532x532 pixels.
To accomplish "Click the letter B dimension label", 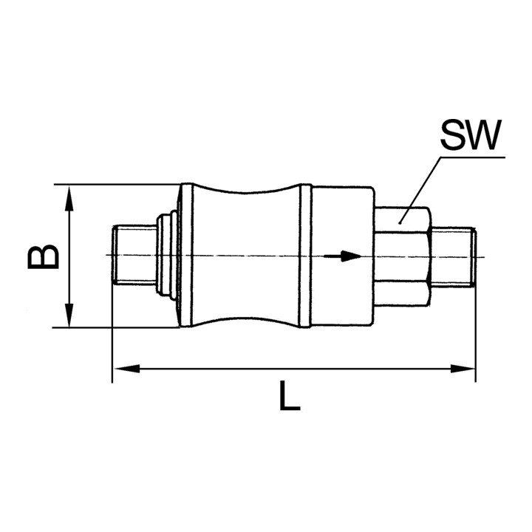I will [x=43, y=256].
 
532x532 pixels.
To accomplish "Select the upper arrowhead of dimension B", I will [x=69, y=194].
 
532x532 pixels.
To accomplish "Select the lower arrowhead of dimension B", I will [x=69, y=318].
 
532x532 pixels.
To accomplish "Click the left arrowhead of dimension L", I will [x=120, y=368].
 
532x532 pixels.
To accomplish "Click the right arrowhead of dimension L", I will [x=466, y=368].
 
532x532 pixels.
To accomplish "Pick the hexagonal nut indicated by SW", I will [x=403, y=255].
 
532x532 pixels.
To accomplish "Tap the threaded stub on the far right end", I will [x=454, y=256].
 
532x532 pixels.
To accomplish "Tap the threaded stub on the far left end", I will [x=133, y=256].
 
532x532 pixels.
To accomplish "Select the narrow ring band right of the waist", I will [x=304, y=255].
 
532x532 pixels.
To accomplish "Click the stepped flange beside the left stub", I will [x=167, y=255].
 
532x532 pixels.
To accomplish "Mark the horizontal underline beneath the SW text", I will [x=473, y=157].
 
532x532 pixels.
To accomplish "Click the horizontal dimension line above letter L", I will [x=296, y=368].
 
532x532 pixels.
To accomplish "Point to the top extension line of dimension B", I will [x=118, y=184].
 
